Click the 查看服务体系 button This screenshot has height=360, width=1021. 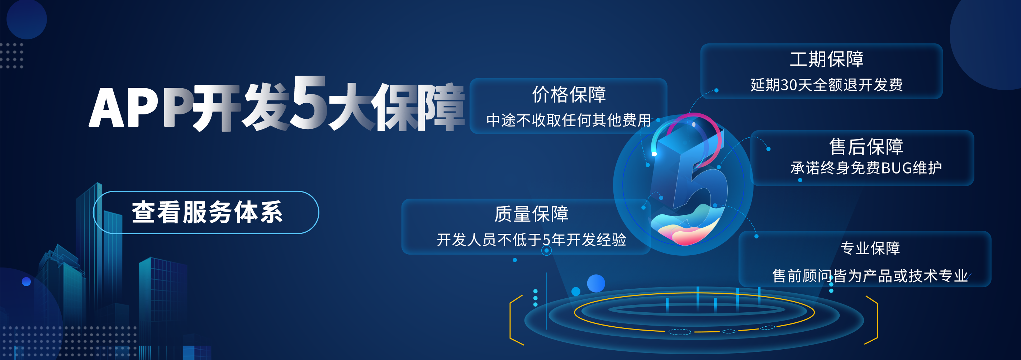[x=206, y=213]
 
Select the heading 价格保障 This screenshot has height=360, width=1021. [x=569, y=95]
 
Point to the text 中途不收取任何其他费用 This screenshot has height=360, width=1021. [x=569, y=120]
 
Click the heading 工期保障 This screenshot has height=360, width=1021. [x=826, y=60]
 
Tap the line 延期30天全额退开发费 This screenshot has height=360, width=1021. [x=826, y=85]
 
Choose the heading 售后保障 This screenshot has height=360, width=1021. [x=866, y=147]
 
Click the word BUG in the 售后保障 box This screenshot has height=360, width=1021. [x=897, y=168]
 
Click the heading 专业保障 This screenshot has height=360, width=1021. [x=870, y=248]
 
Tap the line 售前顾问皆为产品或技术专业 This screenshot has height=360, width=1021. [x=870, y=276]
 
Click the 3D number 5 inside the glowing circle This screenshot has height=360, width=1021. [x=698, y=175]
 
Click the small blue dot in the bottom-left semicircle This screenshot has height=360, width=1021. [x=26, y=281]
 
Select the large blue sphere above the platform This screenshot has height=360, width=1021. [x=596, y=283]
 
